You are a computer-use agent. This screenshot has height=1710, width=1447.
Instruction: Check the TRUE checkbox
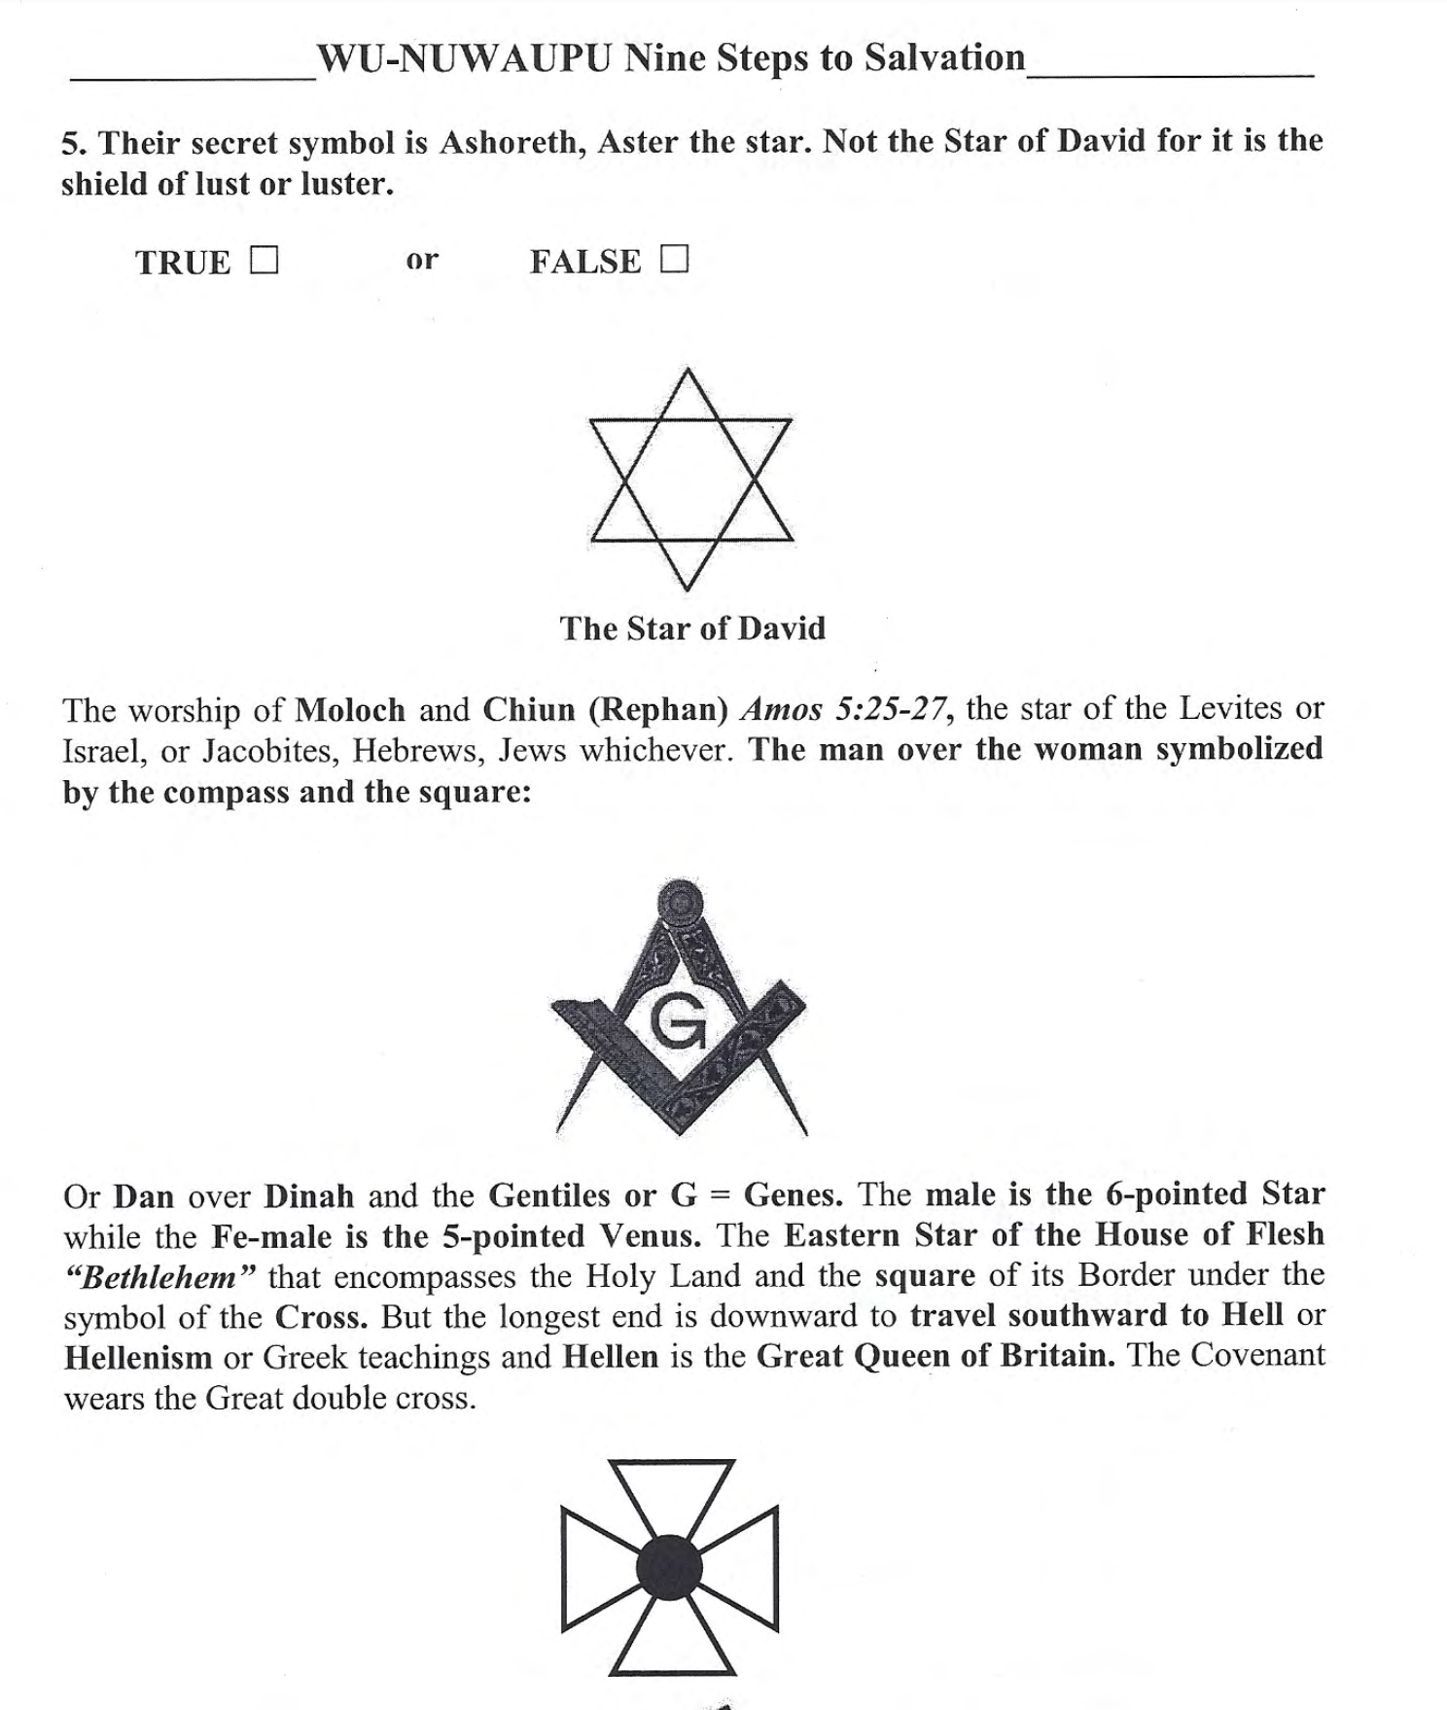click(x=264, y=261)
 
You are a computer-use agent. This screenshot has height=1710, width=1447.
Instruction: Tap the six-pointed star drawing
click(x=690, y=479)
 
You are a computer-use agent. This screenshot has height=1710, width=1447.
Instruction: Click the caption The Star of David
click(x=692, y=628)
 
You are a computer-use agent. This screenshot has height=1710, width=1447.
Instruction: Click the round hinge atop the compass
click(x=681, y=901)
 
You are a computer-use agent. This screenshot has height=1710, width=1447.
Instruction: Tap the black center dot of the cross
click(x=669, y=1567)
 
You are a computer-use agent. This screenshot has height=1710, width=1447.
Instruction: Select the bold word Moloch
click(x=350, y=709)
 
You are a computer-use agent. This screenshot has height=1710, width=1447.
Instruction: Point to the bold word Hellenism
click(x=138, y=1357)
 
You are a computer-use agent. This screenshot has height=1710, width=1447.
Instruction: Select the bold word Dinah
click(x=308, y=1195)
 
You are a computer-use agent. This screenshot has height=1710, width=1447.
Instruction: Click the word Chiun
click(x=529, y=709)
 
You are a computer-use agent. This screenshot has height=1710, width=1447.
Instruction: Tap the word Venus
click(x=650, y=1236)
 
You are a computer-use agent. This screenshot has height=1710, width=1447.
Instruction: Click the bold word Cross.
click(x=321, y=1317)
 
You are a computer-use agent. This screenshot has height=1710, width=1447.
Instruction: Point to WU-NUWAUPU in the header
click(x=464, y=58)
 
